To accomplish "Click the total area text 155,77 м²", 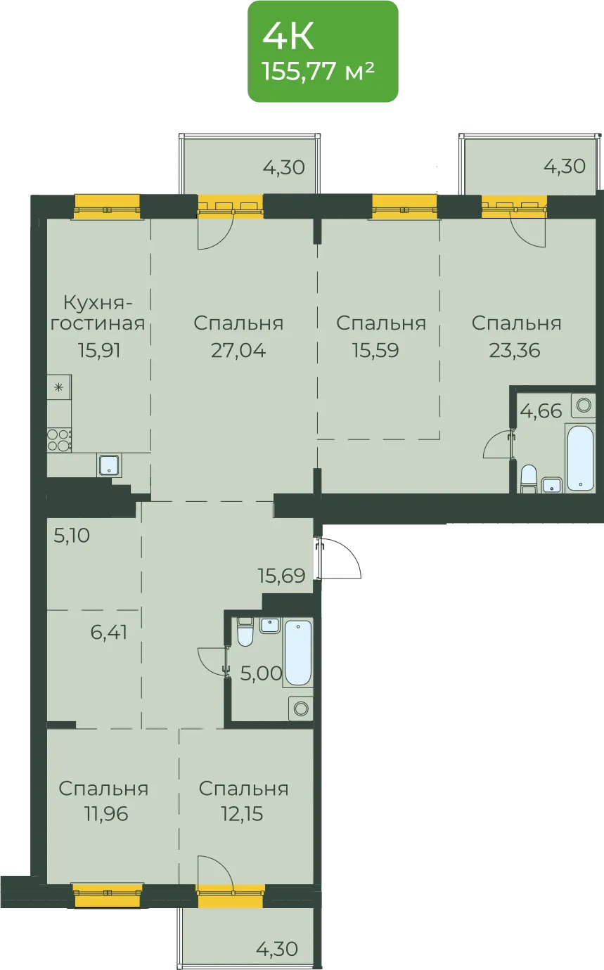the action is pyautogui.click(x=318, y=71).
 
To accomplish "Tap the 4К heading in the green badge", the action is pyautogui.click(x=288, y=37).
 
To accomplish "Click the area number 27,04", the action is pyautogui.click(x=238, y=350).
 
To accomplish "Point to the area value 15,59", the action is pyautogui.click(x=375, y=350).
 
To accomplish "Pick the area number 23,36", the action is pyautogui.click(x=515, y=350).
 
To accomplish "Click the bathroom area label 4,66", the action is pyautogui.click(x=541, y=410).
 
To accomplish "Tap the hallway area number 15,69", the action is pyautogui.click(x=282, y=576).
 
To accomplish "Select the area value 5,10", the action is pyautogui.click(x=72, y=536).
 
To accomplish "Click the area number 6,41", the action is pyautogui.click(x=109, y=632).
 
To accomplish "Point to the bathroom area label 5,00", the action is pyautogui.click(x=262, y=673).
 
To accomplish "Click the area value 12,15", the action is pyautogui.click(x=242, y=814).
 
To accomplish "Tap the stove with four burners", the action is pyautogui.click(x=59, y=440).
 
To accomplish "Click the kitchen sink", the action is pyautogui.click(x=110, y=465).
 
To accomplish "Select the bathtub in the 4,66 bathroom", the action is pyautogui.click(x=580, y=458).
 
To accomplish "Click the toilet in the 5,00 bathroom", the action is pyautogui.click(x=245, y=633).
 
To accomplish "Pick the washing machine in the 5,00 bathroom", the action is pyautogui.click(x=301, y=709).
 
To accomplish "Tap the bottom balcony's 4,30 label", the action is pyautogui.click(x=277, y=949).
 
